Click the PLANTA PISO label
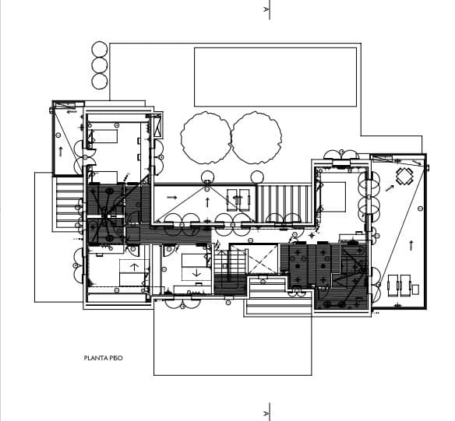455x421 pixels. click(x=104, y=358)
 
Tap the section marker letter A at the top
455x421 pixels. click(x=266, y=9)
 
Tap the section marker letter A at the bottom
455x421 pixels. click(x=266, y=413)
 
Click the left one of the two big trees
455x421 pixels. click(x=206, y=138)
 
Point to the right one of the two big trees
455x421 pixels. click(x=256, y=138)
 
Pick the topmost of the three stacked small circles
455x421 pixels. click(x=100, y=49)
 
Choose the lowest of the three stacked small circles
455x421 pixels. click(x=100, y=81)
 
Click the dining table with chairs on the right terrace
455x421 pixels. click(x=404, y=176)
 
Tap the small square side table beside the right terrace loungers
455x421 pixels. click(x=415, y=289)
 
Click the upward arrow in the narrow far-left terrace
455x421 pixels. click(x=61, y=152)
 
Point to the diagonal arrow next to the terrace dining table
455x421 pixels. click(x=390, y=188)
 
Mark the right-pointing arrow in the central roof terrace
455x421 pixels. click(x=172, y=198)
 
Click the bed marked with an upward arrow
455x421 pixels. click(x=134, y=273)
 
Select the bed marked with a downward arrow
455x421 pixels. click(x=196, y=267)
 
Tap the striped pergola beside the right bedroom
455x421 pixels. click(x=284, y=204)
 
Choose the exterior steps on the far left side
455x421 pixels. click(x=69, y=204)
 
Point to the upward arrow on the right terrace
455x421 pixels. click(x=411, y=245)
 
